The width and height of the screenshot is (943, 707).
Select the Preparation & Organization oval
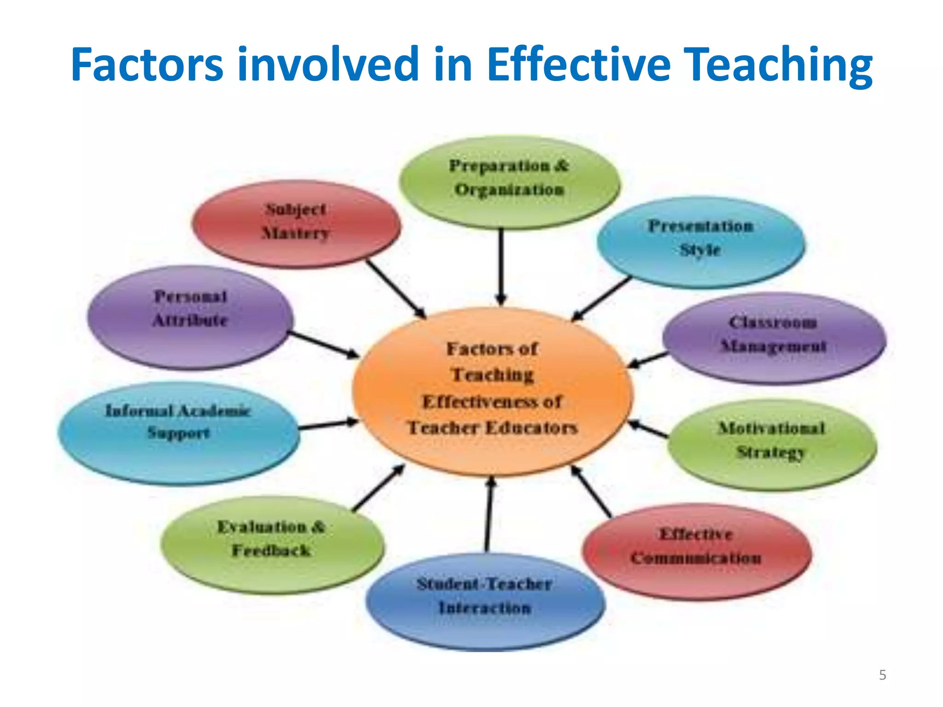(x=509, y=182)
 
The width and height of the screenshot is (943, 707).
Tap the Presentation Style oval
(x=700, y=241)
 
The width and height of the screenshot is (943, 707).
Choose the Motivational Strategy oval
(x=772, y=444)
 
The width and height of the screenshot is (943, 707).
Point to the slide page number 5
(x=882, y=675)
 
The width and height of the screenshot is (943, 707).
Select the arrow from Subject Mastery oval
(x=396, y=289)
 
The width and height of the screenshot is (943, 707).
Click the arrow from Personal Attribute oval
(x=324, y=344)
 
